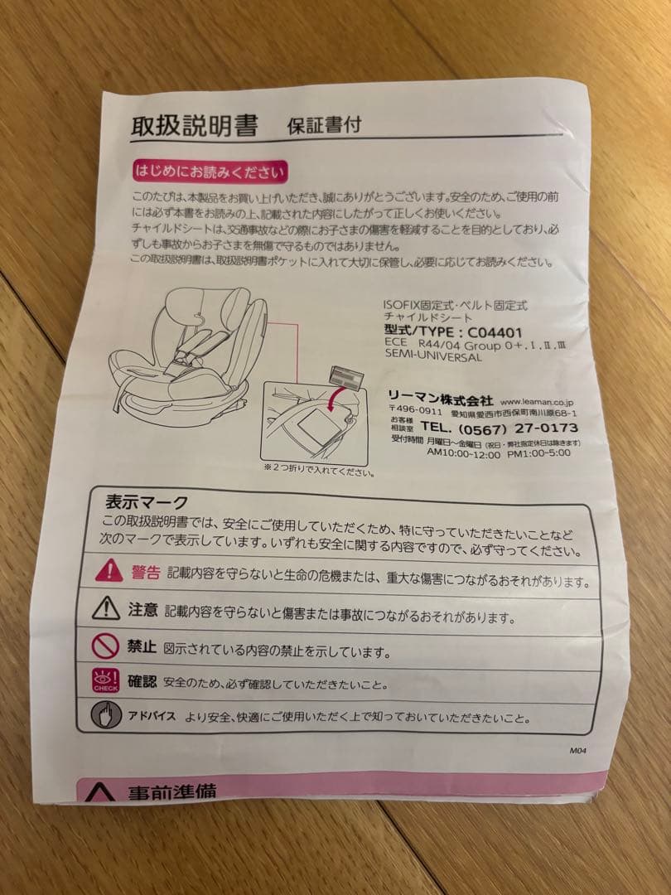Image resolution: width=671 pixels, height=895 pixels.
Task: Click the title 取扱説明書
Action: click(x=194, y=127)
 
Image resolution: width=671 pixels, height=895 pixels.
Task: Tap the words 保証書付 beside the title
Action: click(x=323, y=127)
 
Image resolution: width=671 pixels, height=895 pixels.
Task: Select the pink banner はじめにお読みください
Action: click(x=210, y=172)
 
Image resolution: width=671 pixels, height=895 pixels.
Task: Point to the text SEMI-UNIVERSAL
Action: click(x=432, y=357)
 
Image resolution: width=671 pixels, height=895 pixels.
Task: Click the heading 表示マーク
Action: click(x=147, y=502)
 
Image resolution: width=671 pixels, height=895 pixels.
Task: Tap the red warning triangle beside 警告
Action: click(x=109, y=571)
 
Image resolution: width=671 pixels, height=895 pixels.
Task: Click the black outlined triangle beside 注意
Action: click(x=106, y=609)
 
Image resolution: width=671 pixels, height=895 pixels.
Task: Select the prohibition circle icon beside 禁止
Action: click(x=105, y=646)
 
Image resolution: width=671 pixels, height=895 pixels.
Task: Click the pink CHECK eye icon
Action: click(x=105, y=680)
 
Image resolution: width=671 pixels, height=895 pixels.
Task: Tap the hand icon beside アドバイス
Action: click(x=106, y=714)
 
